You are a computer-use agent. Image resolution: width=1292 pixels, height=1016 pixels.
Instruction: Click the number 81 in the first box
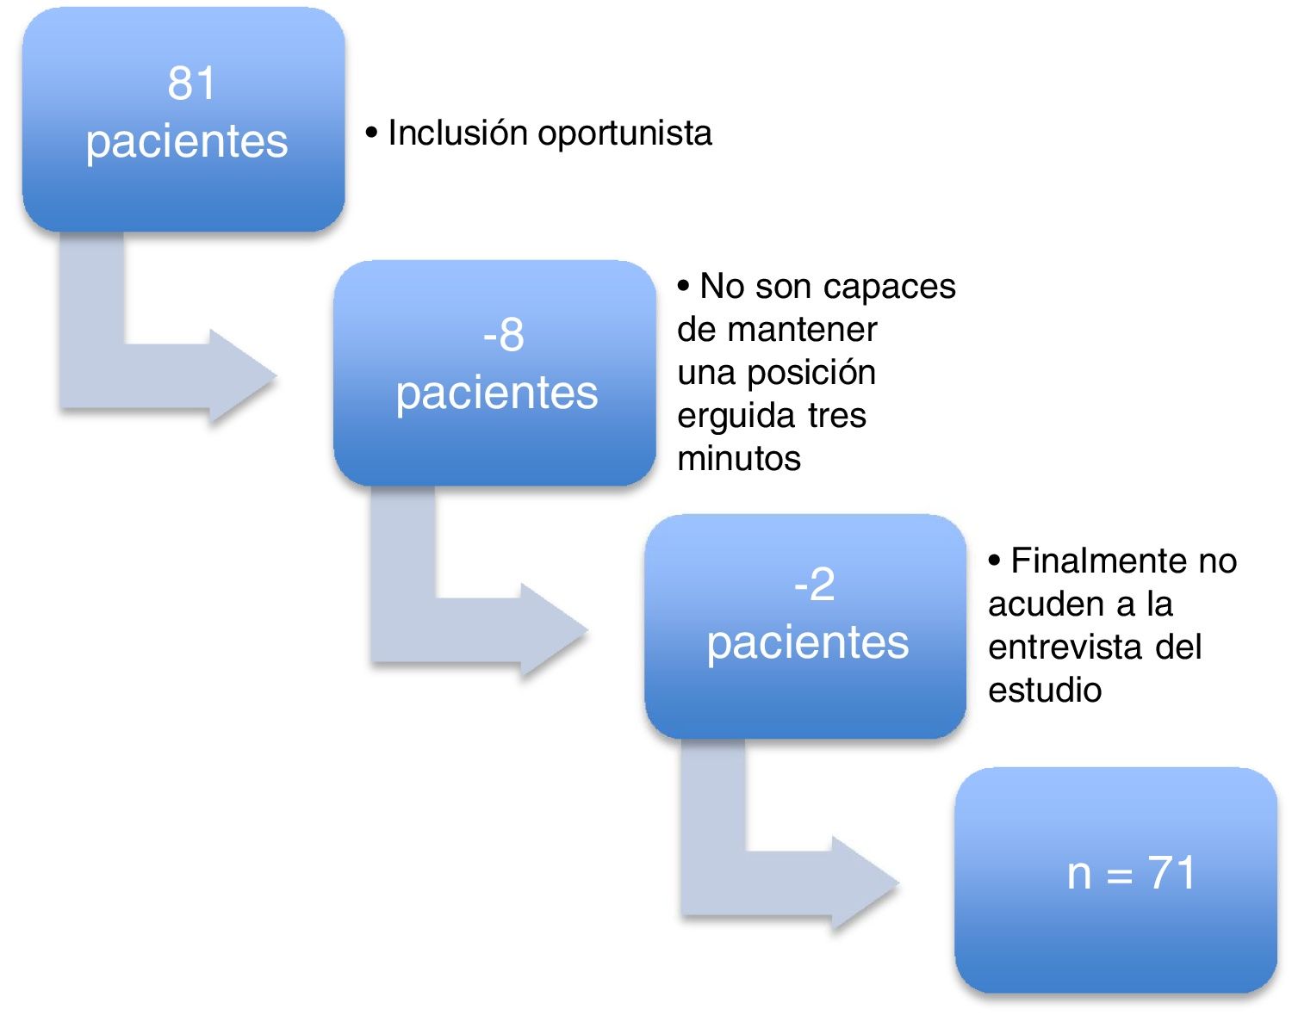[x=191, y=84]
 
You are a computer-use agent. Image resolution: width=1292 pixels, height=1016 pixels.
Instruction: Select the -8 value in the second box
[x=503, y=334]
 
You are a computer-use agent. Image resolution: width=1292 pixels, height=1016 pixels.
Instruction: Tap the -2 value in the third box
[x=814, y=585]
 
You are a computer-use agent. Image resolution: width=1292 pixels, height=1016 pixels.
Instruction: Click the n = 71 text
[x=1131, y=874]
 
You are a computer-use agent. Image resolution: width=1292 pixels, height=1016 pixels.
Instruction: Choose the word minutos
[x=739, y=459]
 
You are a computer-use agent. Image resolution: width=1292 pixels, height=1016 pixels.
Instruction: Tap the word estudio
[x=1045, y=690]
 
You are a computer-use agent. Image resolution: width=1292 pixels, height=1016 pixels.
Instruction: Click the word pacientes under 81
[x=186, y=141]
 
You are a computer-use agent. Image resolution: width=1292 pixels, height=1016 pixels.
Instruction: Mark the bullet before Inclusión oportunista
[x=372, y=133]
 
